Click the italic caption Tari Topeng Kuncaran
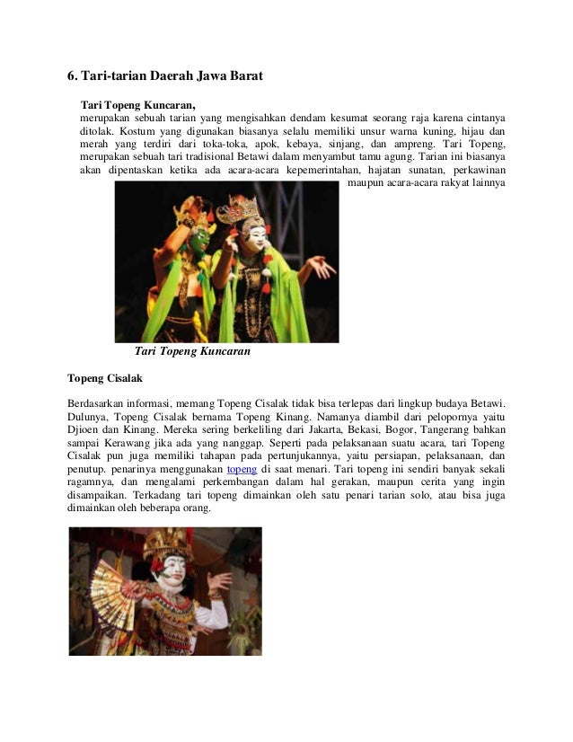pos(191,352)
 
